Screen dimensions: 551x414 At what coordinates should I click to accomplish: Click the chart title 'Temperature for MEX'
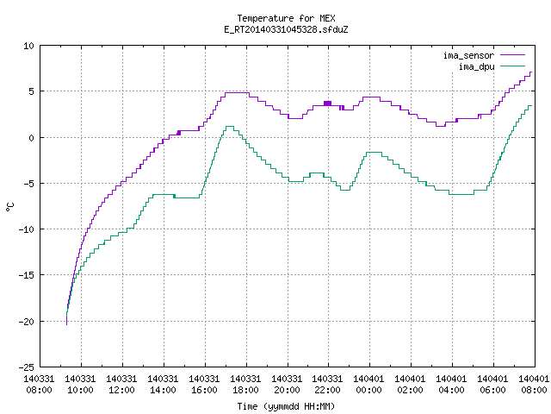coord(286,18)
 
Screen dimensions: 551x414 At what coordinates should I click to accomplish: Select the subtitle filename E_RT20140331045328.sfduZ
coord(286,29)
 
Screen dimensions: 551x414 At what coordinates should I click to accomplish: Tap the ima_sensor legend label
coord(468,55)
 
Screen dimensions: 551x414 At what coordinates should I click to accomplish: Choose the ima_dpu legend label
coord(477,66)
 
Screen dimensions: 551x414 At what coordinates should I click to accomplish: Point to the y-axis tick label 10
coord(28,46)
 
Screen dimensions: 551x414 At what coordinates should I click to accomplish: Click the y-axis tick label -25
coord(27,367)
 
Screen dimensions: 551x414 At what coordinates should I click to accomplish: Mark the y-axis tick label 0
coord(32,138)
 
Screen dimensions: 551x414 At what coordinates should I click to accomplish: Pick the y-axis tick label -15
coord(27,275)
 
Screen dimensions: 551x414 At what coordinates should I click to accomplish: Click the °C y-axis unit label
coord(9,207)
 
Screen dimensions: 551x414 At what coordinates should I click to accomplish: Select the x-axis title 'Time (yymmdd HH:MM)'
coord(286,406)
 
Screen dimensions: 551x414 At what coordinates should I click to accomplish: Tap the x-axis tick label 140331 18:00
coord(245,384)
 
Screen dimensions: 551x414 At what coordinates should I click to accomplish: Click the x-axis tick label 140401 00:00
coord(369,384)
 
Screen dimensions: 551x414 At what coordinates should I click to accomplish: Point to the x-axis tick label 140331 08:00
coord(39,384)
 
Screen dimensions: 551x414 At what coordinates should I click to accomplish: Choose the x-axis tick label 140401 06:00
coord(492,384)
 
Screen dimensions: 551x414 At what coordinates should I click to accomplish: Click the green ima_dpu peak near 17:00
coord(230,127)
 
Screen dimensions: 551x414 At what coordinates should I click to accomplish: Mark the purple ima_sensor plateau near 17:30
coord(237,92)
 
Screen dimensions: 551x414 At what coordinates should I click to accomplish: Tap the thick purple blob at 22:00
coord(327,103)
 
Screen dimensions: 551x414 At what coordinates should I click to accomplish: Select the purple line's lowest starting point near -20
coord(67,324)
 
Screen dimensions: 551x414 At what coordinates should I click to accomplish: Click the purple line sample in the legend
coord(512,55)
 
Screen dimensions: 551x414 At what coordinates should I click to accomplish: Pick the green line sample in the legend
coord(512,66)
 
